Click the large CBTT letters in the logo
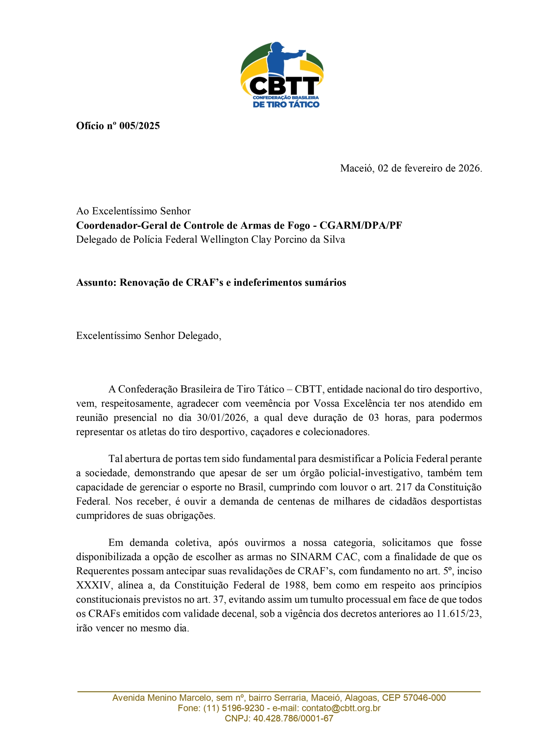(x=284, y=86)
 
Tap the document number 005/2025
(x=139, y=126)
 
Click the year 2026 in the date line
(x=469, y=168)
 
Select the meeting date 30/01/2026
(x=222, y=418)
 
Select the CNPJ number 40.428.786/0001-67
(x=293, y=718)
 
